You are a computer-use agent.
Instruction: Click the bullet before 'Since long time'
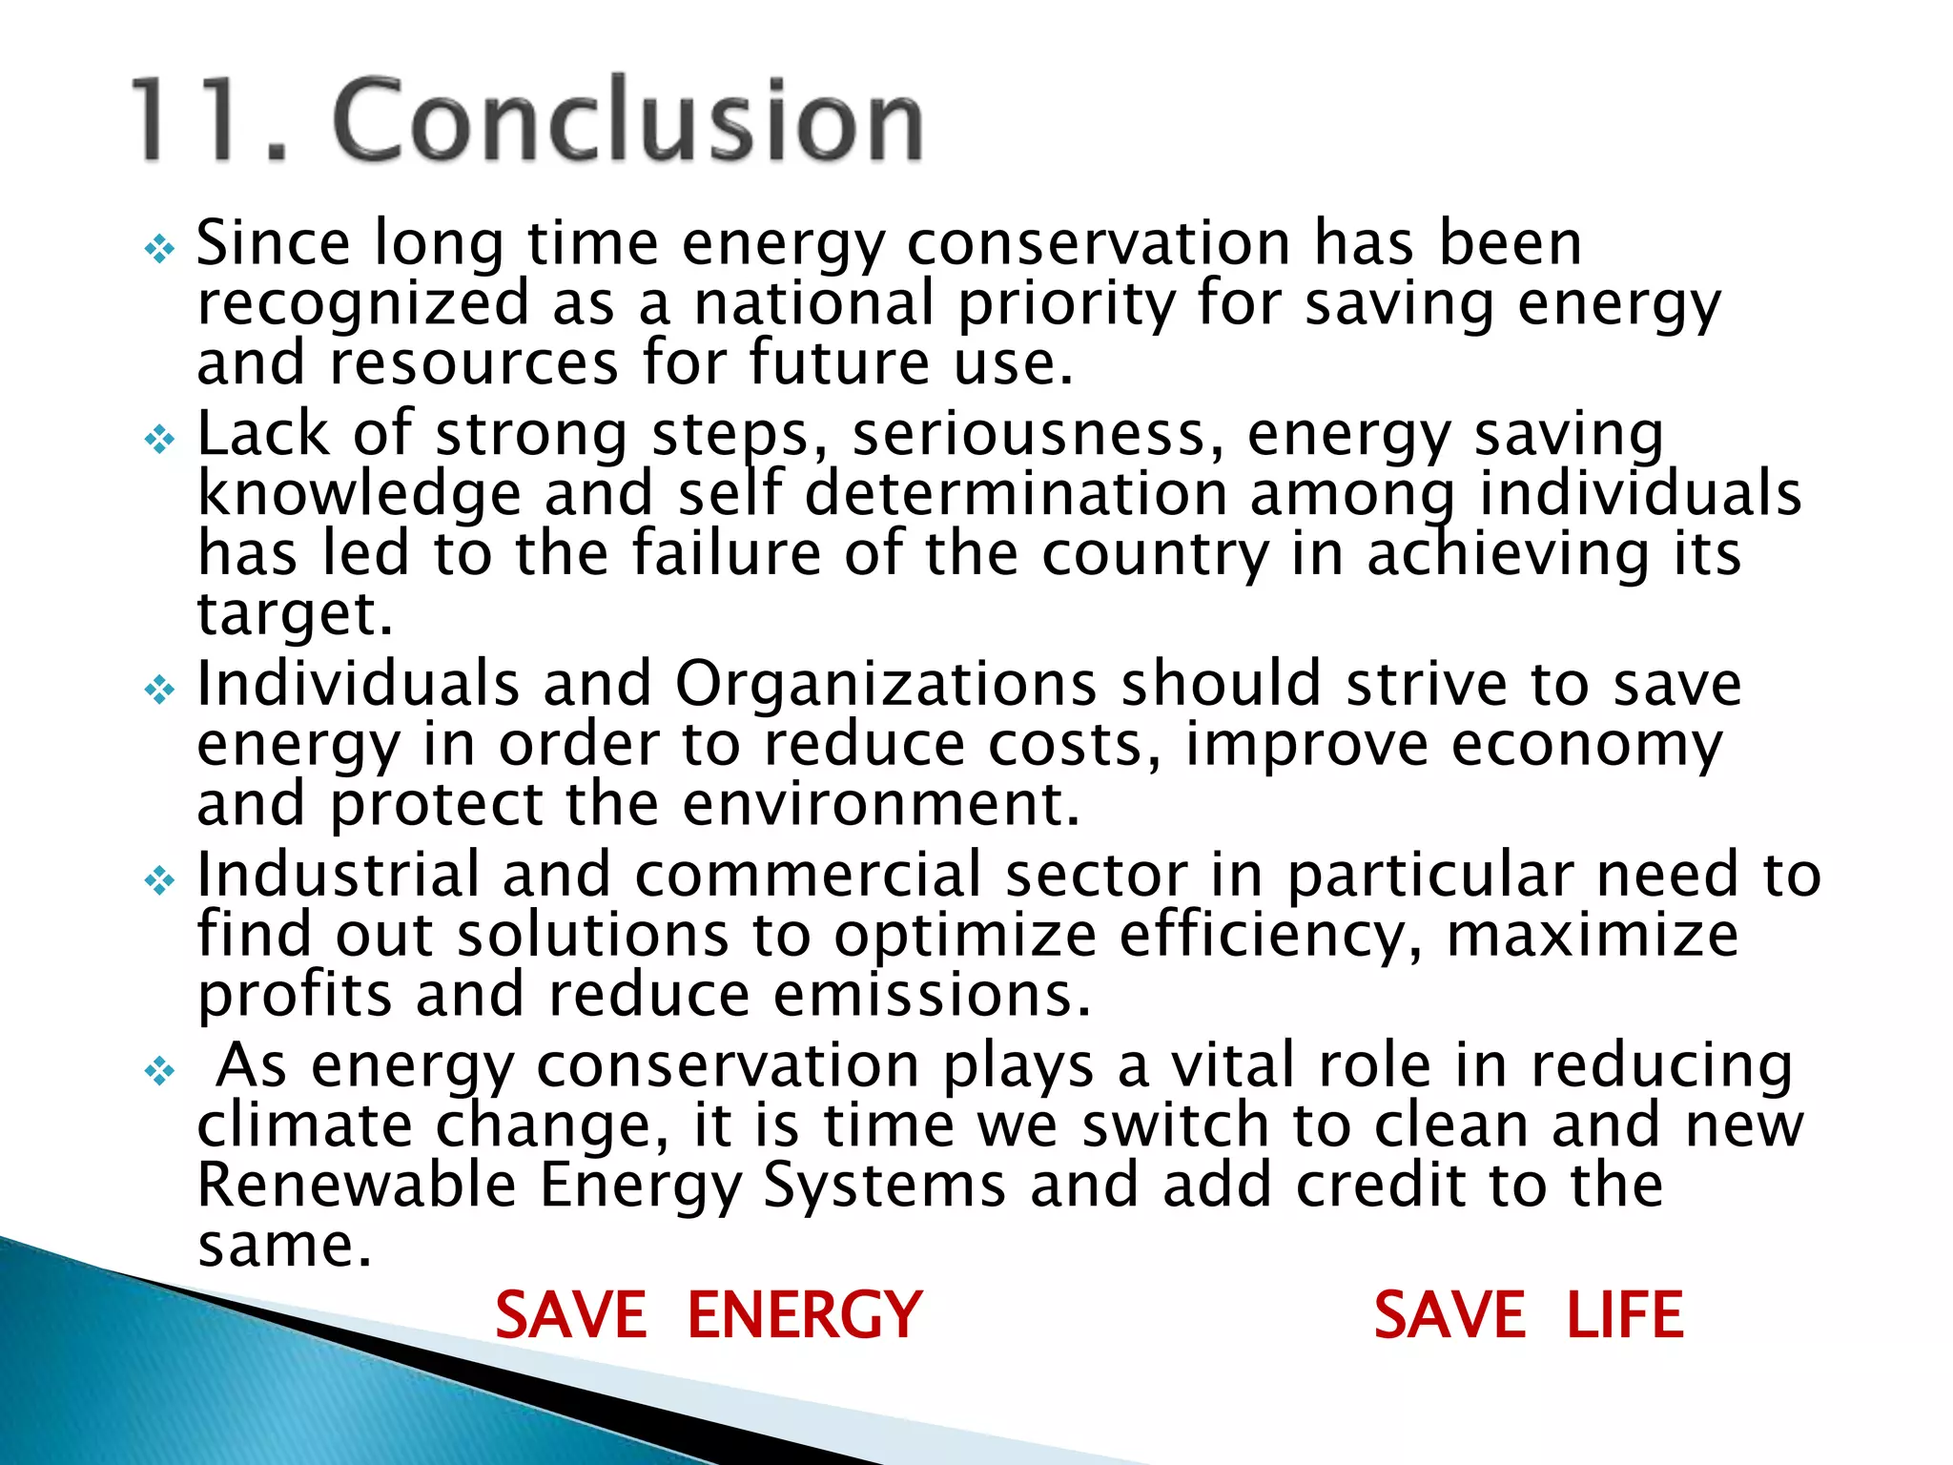tap(159, 251)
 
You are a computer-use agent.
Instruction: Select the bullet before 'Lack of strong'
tap(159, 440)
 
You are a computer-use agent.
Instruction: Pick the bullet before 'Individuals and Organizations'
tap(159, 690)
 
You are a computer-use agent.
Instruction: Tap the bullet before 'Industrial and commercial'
tap(159, 880)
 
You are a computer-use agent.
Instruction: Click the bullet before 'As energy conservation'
tap(159, 1071)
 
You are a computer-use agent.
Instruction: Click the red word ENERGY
tap(804, 1315)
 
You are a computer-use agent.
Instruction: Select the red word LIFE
tap(1625, 1315)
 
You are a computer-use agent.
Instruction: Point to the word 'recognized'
tap(362, 306)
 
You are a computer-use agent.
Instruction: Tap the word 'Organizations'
tap(886, 685)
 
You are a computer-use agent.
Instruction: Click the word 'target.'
tap(295, 615)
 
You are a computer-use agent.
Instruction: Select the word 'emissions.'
tap(932, 995)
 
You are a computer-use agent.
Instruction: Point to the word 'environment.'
tap(881, 804)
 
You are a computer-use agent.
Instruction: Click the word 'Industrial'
tap(338, 875)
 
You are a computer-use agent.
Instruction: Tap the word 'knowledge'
tap(359, 495)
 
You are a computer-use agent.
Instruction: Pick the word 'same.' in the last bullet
tap(284, 1246)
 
